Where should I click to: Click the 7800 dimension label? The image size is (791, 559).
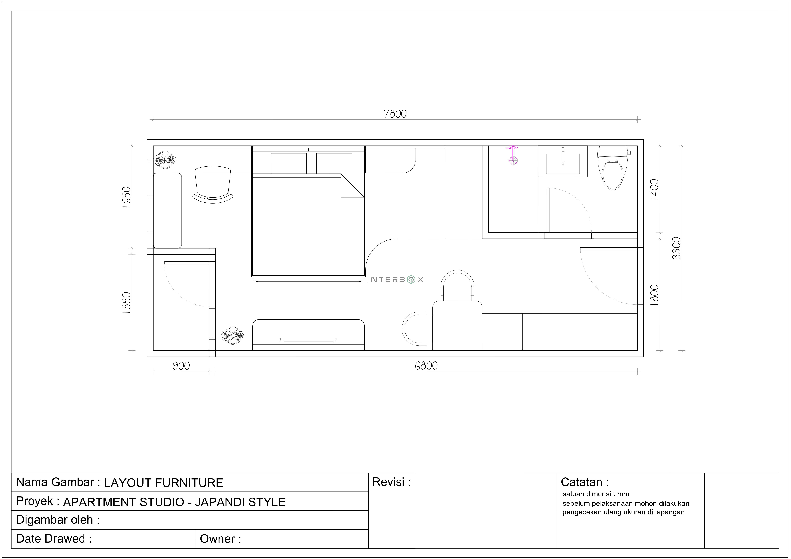coord(395,114)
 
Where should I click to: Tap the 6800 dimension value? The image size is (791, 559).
coord(426,366)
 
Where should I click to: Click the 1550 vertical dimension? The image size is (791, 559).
coord(126,302)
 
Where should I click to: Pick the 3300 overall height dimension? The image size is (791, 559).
coord(677,248)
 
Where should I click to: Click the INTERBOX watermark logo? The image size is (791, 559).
coord(395,280)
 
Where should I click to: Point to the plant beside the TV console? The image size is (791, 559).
coord(232,335)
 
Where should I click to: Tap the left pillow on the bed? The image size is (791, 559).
coord(289,163)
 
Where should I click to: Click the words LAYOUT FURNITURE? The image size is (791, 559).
coord(164,483)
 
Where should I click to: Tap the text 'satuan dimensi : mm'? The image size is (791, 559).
coord(596,494)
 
